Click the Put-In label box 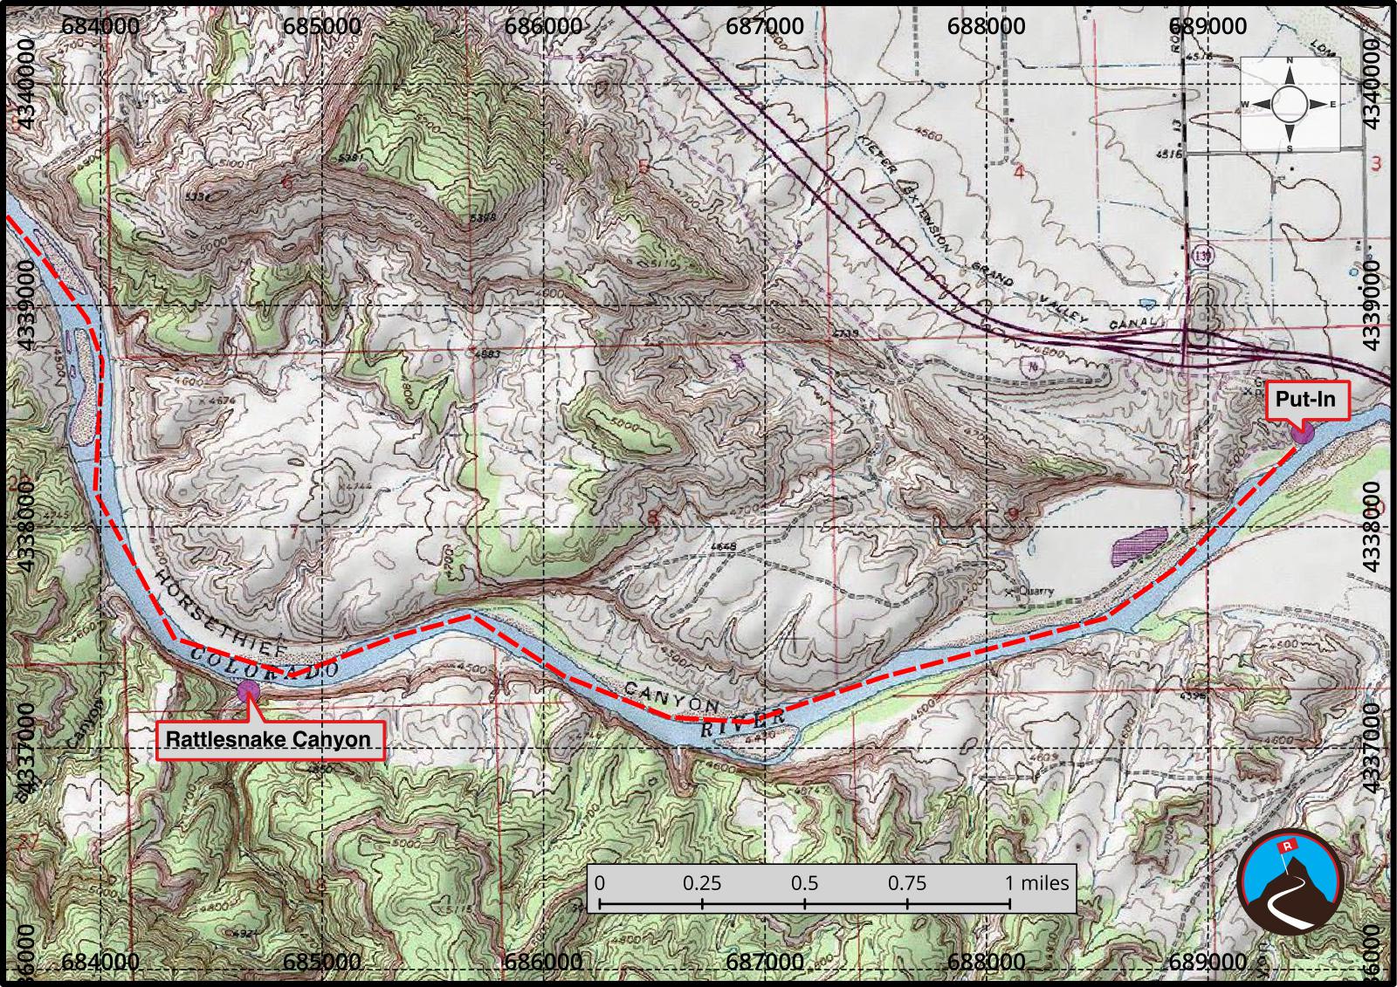pos(1305,401)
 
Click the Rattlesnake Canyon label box pos(269,740)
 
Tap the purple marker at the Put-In pos(1302,433)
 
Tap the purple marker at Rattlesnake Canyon pos(248,691)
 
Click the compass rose pos(1290,104)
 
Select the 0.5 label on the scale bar pos(804,882)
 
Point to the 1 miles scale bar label pos(1036,882)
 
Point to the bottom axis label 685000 pos(322,962)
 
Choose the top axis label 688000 pos(987,25)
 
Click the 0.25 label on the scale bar pos(702,882)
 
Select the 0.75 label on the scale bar pos(907,882)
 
